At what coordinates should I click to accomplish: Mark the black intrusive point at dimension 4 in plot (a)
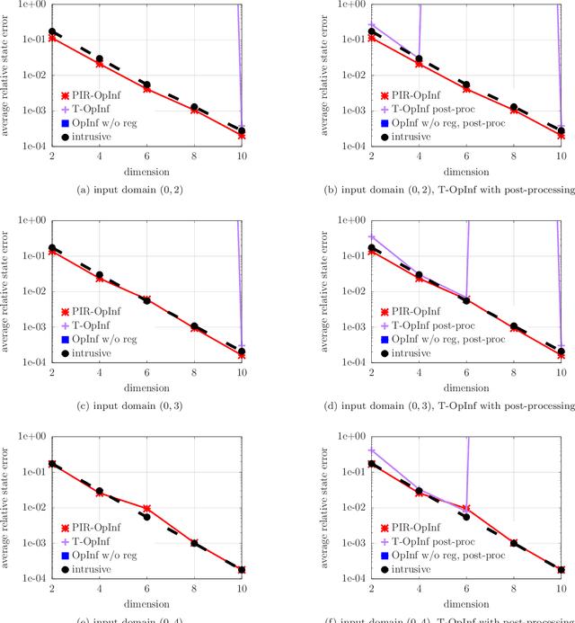[x=100, y=59]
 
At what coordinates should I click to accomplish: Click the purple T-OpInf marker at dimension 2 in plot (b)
[x=371, y=25]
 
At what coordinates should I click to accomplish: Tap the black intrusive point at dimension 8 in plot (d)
[x=514, y=326]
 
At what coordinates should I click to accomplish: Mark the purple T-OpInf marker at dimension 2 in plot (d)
[x=371, y=236]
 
